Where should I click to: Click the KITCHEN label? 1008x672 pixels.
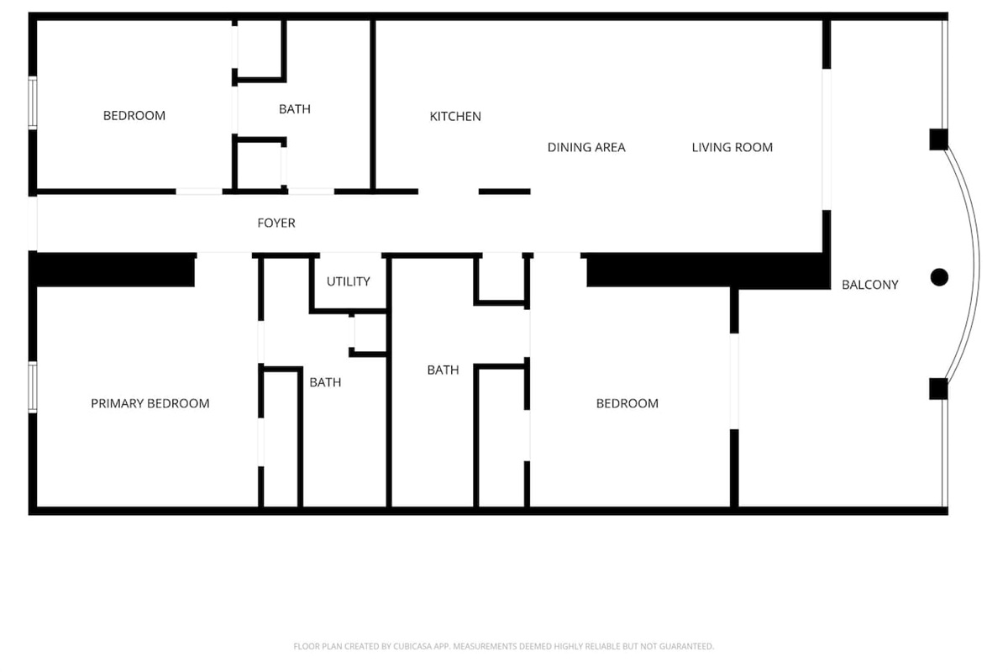pyautogui.click(x=455, y=117)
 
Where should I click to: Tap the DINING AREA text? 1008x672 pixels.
pyautogui.click(x=586, y=148)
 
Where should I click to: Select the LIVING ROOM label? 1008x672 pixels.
pyautogui.click(x=732, y=148)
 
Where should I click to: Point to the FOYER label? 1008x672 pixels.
pyautogui.click(x=276, y=223)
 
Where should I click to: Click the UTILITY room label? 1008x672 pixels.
pyautogui.click(x=349, y=281)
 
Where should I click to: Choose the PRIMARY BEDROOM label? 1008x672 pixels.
pyautogui.click(x=150, y=404)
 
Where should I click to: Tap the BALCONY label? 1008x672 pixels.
pyautogui.click(x=870, y=285)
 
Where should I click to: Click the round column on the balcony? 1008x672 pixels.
pyautogui.click(x=939, y=277)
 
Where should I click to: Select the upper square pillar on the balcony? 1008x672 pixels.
pyautogui.click(x=939, y=139)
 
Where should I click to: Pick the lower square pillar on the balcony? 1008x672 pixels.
pyautogui.click(x=938, y=389)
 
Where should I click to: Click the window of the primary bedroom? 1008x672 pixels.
pyautogui.click(x=33, y=387)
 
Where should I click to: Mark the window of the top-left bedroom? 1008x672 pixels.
pyautogui.click(x=33, y=103)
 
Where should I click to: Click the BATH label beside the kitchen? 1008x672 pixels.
pyautogui.click(x=295, y=109)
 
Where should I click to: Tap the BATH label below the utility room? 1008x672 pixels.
pyautogui.click(x=325, y=382)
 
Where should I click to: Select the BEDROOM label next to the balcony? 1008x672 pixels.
pyautogui.click(x=627, y=404)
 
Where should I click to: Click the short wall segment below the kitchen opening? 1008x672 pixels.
pyautogui.click(x=505, y=192)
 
